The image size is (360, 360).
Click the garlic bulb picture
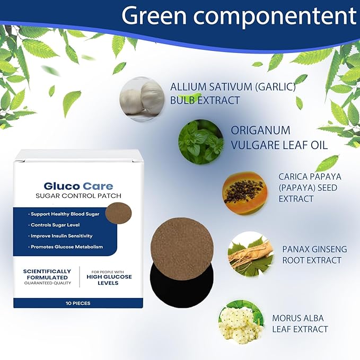[x=142, y=99]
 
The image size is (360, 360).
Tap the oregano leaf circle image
[x=201, y=142]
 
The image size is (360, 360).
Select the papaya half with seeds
[x=245, y=193]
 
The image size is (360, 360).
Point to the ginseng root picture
[x=251, y=254]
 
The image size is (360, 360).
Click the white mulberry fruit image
[x=241, y=322]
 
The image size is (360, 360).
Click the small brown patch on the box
[x=118, y=213]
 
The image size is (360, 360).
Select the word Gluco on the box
[x=62, y=186]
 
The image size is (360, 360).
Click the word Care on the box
[x=98, y=186]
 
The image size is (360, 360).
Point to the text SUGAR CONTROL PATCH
[x=78, y=196]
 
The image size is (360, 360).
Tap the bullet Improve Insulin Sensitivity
[x=60, y=236]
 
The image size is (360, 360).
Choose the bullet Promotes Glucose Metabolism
[x=65, y=247]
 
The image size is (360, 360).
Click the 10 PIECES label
[x=78, y=303]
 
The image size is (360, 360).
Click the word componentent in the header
[x=275, y=16]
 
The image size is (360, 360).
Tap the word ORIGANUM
[x=260, y=130]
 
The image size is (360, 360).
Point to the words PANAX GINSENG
[x=315, y=249]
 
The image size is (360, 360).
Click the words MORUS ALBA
[x=298, y=318]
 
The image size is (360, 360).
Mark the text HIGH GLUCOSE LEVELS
[x=109, y=280]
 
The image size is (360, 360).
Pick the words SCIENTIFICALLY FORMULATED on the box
[x=47, y=274]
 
